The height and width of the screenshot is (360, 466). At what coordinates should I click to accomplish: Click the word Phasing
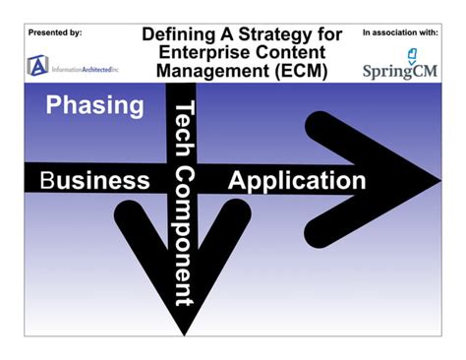point(94,106)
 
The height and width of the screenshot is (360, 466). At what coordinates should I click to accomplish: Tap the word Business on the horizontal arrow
point(94,181)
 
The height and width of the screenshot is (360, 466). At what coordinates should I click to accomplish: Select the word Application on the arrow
point(297,180)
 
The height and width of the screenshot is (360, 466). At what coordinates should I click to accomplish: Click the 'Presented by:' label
point(55,32)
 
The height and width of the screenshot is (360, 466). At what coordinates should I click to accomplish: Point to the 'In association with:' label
point(400,32)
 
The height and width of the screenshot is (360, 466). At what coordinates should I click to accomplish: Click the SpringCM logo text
point(400,71)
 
